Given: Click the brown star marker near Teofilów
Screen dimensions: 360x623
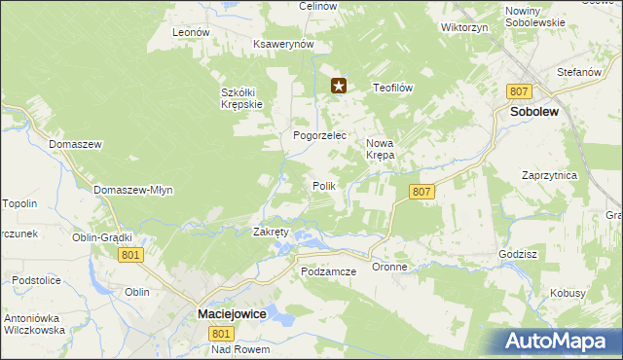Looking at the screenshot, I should (x=339, y=87).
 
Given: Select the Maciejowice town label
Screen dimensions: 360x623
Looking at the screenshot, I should (x=233, y=314).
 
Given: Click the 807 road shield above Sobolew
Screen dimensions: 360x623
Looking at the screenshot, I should (x=519, y=90).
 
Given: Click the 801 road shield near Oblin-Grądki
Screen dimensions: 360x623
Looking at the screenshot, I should (x=130, y=254).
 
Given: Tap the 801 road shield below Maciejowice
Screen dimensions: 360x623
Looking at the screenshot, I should (x=221, y=333).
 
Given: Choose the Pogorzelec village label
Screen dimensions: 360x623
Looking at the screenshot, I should (x=320, y=136).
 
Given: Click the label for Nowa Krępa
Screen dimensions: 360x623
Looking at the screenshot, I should (x=380, y=149).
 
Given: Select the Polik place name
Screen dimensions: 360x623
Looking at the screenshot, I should (x=324, y=185).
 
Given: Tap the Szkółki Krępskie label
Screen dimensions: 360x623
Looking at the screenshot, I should (x=238, y=98).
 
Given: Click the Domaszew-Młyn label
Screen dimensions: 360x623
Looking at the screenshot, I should (x=133, y=190).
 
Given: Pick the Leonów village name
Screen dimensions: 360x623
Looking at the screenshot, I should (x=191, y=32).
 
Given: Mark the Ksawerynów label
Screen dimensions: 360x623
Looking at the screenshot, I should (x=282, y=45).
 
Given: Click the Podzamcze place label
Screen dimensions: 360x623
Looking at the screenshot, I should (x=329, y=271).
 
